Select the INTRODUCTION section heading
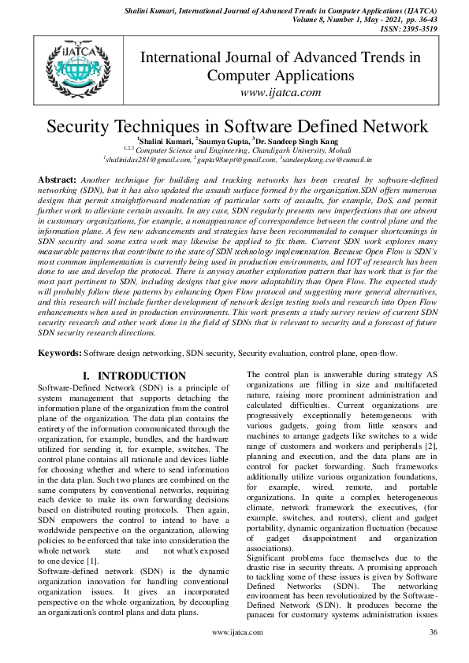point(141,376)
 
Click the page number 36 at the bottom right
point(433,654)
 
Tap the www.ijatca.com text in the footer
point(234,654)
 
